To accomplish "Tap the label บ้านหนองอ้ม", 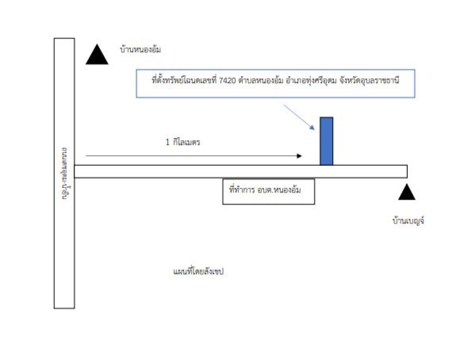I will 140,49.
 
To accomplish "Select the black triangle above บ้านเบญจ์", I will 407,193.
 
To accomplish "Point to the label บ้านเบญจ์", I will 408,221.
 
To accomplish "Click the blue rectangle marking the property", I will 326,141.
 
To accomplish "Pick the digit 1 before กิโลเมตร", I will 167,142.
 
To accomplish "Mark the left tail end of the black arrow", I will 86,156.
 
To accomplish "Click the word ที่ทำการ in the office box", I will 243,190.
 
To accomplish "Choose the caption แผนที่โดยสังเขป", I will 198,272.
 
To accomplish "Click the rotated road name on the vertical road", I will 64,173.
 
